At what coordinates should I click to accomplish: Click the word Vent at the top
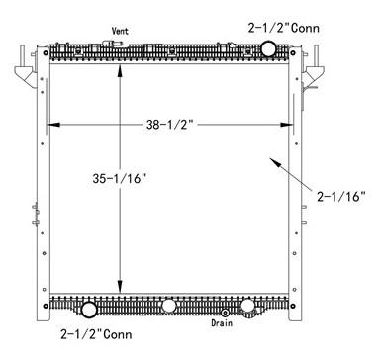pyautogui.click(x=120, y=31)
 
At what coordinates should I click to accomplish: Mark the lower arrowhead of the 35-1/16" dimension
pyautogui.click(x=121, y=288)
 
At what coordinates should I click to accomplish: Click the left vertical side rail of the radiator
pyautogui.click(x=44, y=188)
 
